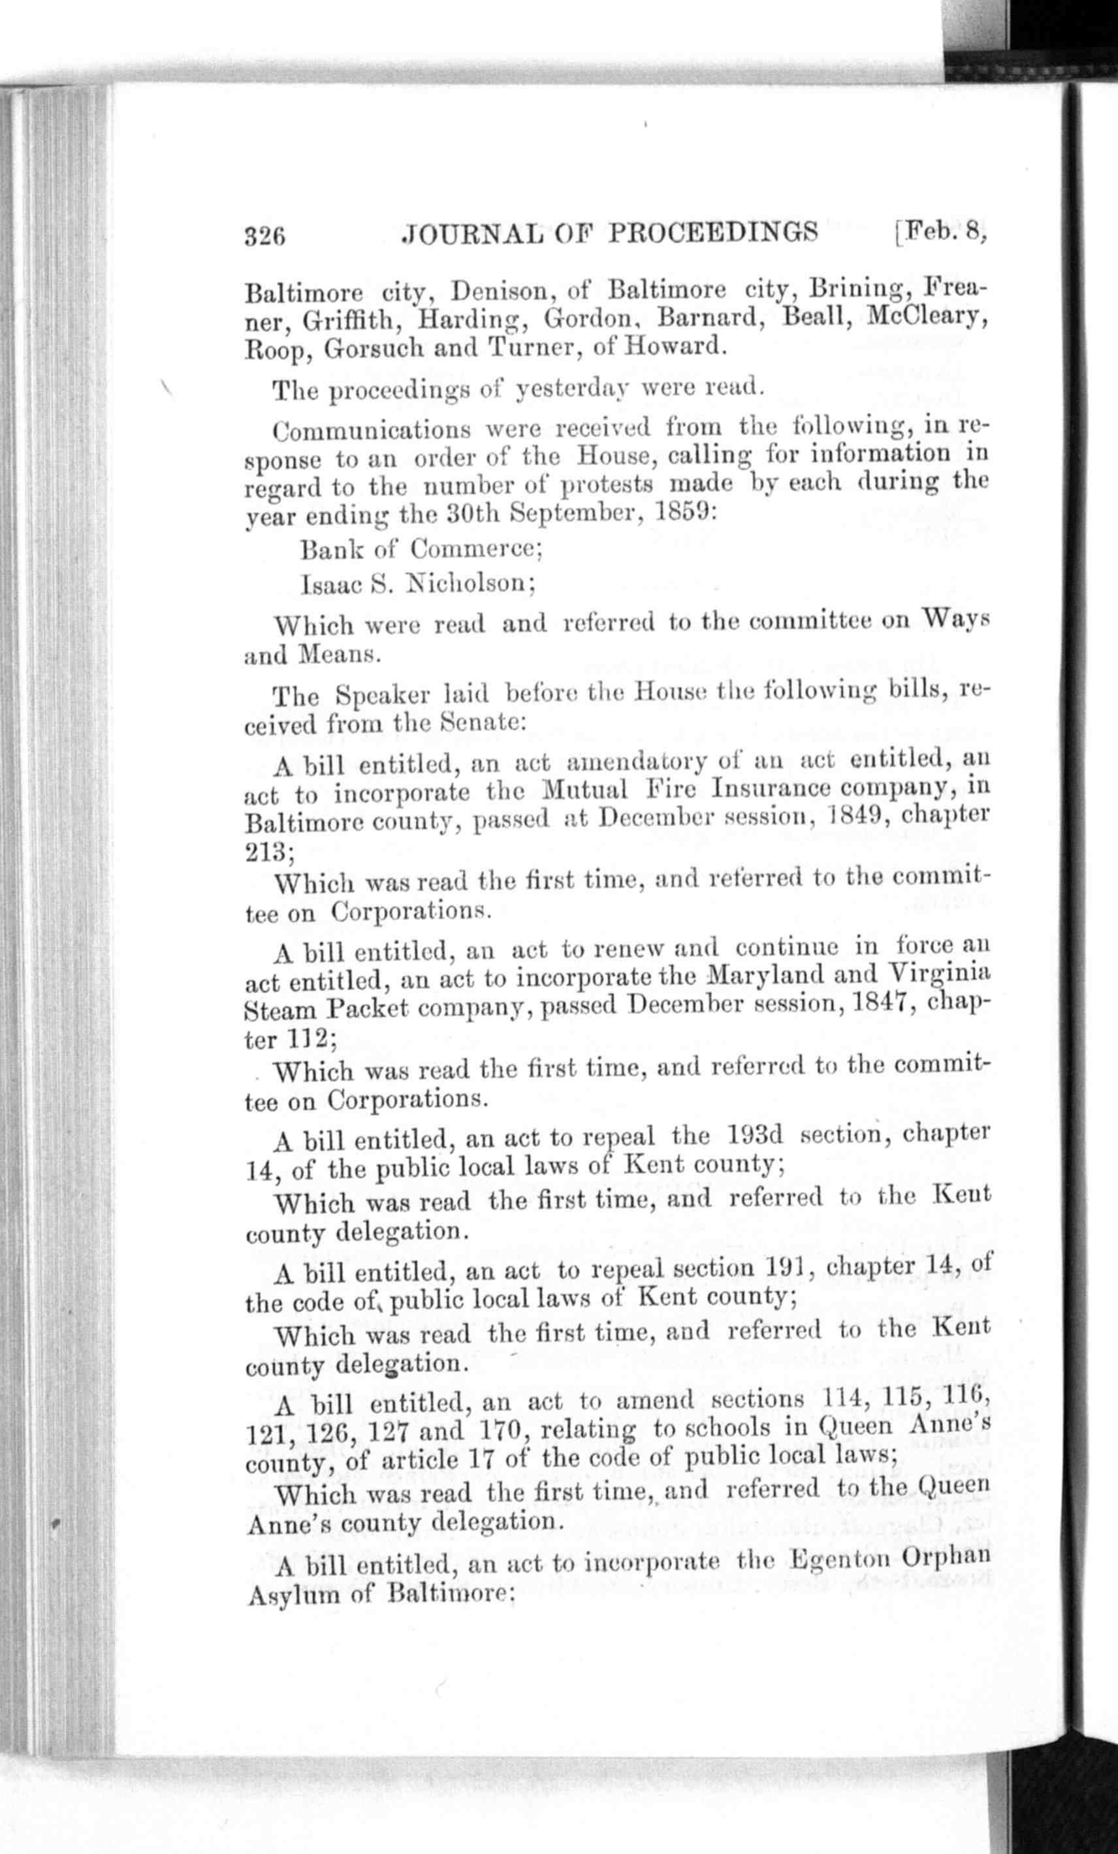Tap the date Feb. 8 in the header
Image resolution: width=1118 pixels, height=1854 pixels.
coord(944,230)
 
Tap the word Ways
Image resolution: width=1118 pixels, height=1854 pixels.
coord(955,619)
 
